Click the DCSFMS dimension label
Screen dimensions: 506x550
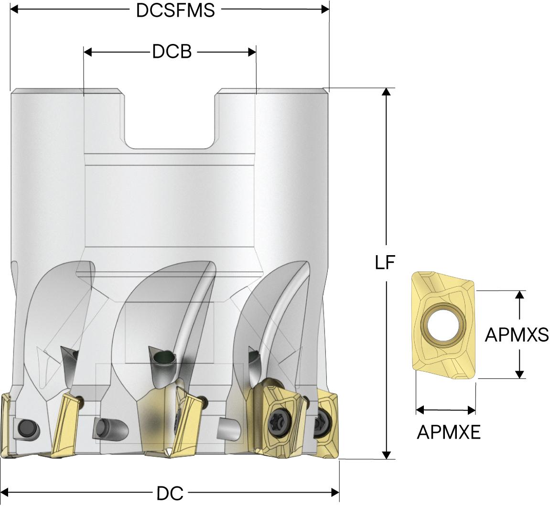coord(175,10)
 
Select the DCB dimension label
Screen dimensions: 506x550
coord(172,52)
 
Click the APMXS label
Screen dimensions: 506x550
coord(517,334)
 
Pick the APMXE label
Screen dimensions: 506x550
coord(448,432)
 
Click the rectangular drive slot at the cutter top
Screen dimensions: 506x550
coord(170,119)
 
